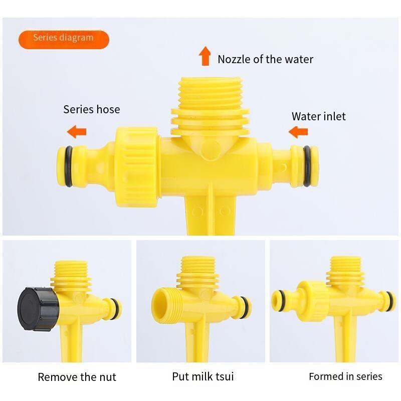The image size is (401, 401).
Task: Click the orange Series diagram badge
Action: click(x=64, y=40)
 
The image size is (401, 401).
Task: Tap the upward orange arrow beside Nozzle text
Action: click(x=205, y=56)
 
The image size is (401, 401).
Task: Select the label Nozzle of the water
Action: click(x=265, y=59)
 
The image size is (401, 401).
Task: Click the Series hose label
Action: click(x=92, y=109)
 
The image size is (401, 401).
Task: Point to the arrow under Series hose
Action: click(x=77, y=132)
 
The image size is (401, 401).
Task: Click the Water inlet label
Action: click(x=318, y=116)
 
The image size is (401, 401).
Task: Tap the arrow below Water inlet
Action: click(x=298, y=132)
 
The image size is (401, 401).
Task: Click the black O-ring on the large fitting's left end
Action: click(x=68, y=166)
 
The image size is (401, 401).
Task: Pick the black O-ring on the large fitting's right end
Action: click(x=307, y=166)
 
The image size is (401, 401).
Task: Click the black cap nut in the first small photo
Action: click(x=39, y=309)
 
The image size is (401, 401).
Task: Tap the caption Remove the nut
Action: click(x=77, y=377)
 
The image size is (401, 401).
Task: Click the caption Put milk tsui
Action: click(x=203, y=376)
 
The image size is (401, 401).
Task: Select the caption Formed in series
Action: click(x=345, y=376)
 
